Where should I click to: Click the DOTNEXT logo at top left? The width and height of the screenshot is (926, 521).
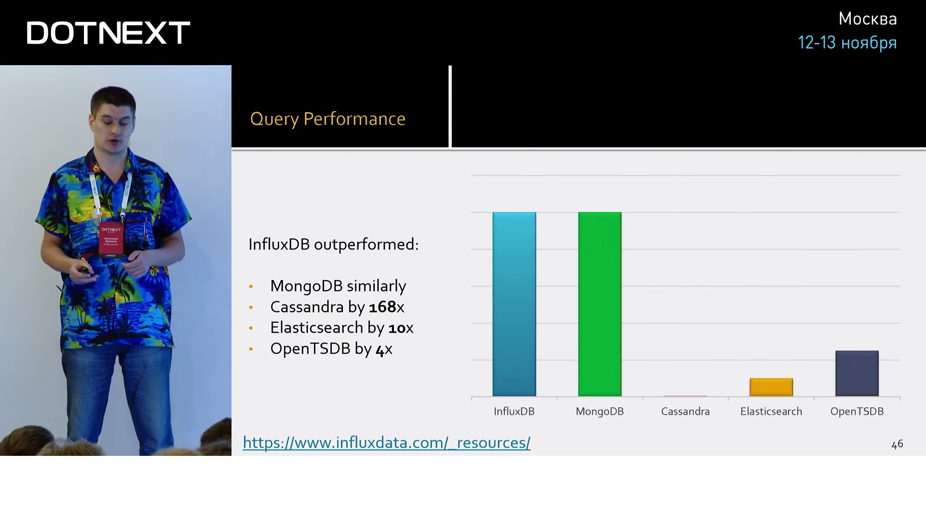click(x=108, y=33)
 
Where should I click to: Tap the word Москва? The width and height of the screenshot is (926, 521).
click(x=868, y=19)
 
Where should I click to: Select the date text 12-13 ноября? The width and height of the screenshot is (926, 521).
click(x=847, y=42)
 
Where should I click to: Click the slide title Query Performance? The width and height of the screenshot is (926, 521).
click(x=327, y=119)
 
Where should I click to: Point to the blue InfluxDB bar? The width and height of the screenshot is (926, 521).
click(x=514, y=304)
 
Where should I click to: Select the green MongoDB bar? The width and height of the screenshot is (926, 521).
click(x=599, y=304)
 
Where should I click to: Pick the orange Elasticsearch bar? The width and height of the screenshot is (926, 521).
click(x=771, y=387)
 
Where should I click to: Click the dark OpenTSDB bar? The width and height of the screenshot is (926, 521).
click(x=857, y=373)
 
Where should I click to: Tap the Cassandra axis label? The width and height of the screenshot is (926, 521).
click(x=685, y=411)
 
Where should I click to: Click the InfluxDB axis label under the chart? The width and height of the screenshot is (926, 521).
click(x=514, y=411)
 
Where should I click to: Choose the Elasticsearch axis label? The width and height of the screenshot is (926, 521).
click(x=771, y=411)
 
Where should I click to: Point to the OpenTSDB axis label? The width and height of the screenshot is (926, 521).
click(x=857, y=411)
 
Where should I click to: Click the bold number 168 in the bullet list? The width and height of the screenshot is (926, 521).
click(x=382, y=307)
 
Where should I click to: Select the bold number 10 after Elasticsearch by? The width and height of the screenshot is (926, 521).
click(x=397, y=328)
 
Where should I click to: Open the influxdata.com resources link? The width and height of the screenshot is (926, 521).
click(x=386, y=442)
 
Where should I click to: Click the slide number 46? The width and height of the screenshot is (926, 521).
click(x=897, y=444)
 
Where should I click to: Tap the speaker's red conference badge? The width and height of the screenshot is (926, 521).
click(x=111, y=238)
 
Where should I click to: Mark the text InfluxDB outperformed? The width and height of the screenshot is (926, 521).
click(x=333, y=245)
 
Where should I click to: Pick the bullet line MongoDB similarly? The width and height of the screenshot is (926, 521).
click(x=338, y=286)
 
